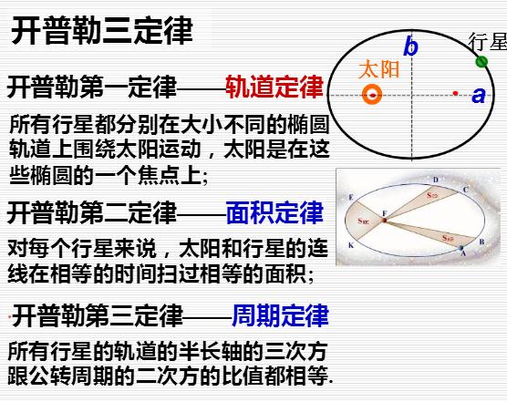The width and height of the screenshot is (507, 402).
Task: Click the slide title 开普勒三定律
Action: (x=102, y=30)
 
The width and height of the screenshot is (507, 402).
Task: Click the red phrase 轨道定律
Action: (x=274, y=87)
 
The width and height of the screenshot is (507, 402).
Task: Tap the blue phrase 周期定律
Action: (x=280, y=316)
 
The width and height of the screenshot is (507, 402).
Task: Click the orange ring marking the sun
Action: (x=372, y=94)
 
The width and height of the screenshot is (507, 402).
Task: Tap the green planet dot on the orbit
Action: (x=481, y=61)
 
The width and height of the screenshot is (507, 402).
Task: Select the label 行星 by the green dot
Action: (x=487, y=42)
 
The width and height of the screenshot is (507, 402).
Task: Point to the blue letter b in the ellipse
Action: (x=411, y=46)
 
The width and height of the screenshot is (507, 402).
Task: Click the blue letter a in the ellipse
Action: (x=479, y=95)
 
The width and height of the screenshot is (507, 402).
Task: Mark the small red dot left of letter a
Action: (x=456, y=92)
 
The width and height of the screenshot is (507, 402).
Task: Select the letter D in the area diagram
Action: (x=435, y=179)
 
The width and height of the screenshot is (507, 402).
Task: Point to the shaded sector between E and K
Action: (x=365, y=222)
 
